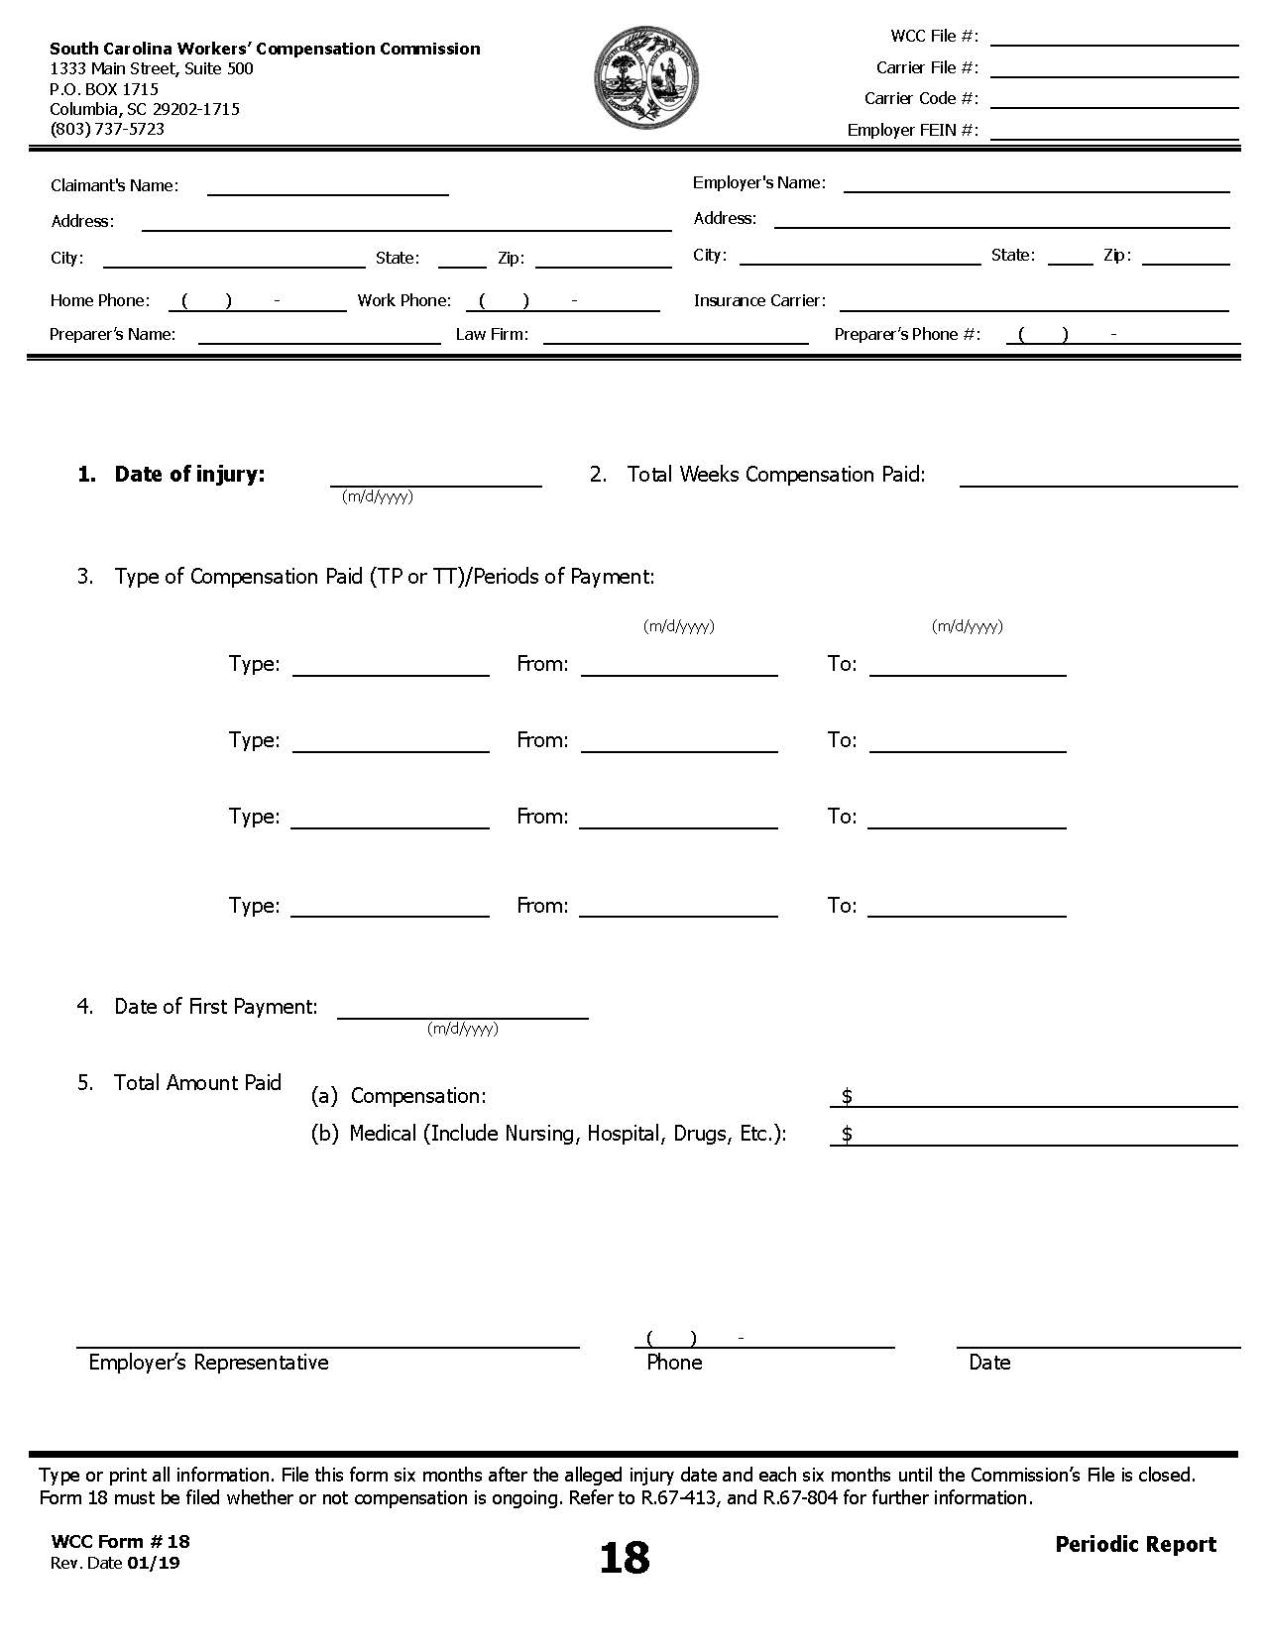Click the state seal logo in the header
(x=645, y=77)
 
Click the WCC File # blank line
(x=1113, y=39)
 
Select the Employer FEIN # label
(x=912, y=130)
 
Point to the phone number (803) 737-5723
(x=107, y=129)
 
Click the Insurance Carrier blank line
(x=1033, y=303)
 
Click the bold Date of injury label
(x=189, y=474)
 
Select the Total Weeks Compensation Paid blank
(x=1097, y=479)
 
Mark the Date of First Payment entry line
(x=462, y=1010)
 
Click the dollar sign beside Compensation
(x=847, y=1096)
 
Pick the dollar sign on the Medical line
(x=847, y=1134)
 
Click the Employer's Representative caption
(x=208, y=1363)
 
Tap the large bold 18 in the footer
(x=624, y=1558)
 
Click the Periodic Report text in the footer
(x=1135, y=1544)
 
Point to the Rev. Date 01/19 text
(x=115, y=1564)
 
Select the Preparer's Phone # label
(x=907, y=334)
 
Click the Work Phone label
(x=403, y=300)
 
